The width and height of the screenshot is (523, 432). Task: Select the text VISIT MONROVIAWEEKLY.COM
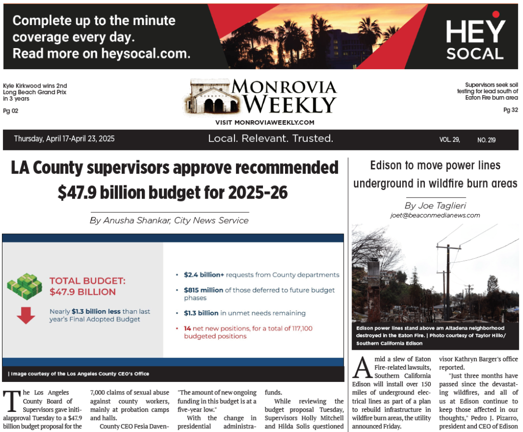[265, 123]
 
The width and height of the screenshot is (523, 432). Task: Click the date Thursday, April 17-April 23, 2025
[64, 139]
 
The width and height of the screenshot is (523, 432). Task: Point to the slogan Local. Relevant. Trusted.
[271, 139]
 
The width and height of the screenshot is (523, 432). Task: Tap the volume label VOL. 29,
[449, 140]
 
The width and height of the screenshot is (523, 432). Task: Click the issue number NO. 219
[486, 140]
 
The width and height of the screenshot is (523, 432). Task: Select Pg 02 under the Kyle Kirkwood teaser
[11, 111]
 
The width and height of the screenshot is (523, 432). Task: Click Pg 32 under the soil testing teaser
[510, 110]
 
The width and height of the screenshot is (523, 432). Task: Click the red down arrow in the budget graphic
[26, 315]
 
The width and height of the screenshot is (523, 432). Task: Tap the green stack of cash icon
[24, 286]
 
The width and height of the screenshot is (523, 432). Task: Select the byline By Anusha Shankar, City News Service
[169, 220]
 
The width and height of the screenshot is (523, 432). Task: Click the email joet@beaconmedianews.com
[435, 215]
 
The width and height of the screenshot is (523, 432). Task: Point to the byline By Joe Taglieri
[435, 206]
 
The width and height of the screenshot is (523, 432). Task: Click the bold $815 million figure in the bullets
[203, 290]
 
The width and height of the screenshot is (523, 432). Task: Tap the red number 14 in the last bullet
[188, 328]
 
